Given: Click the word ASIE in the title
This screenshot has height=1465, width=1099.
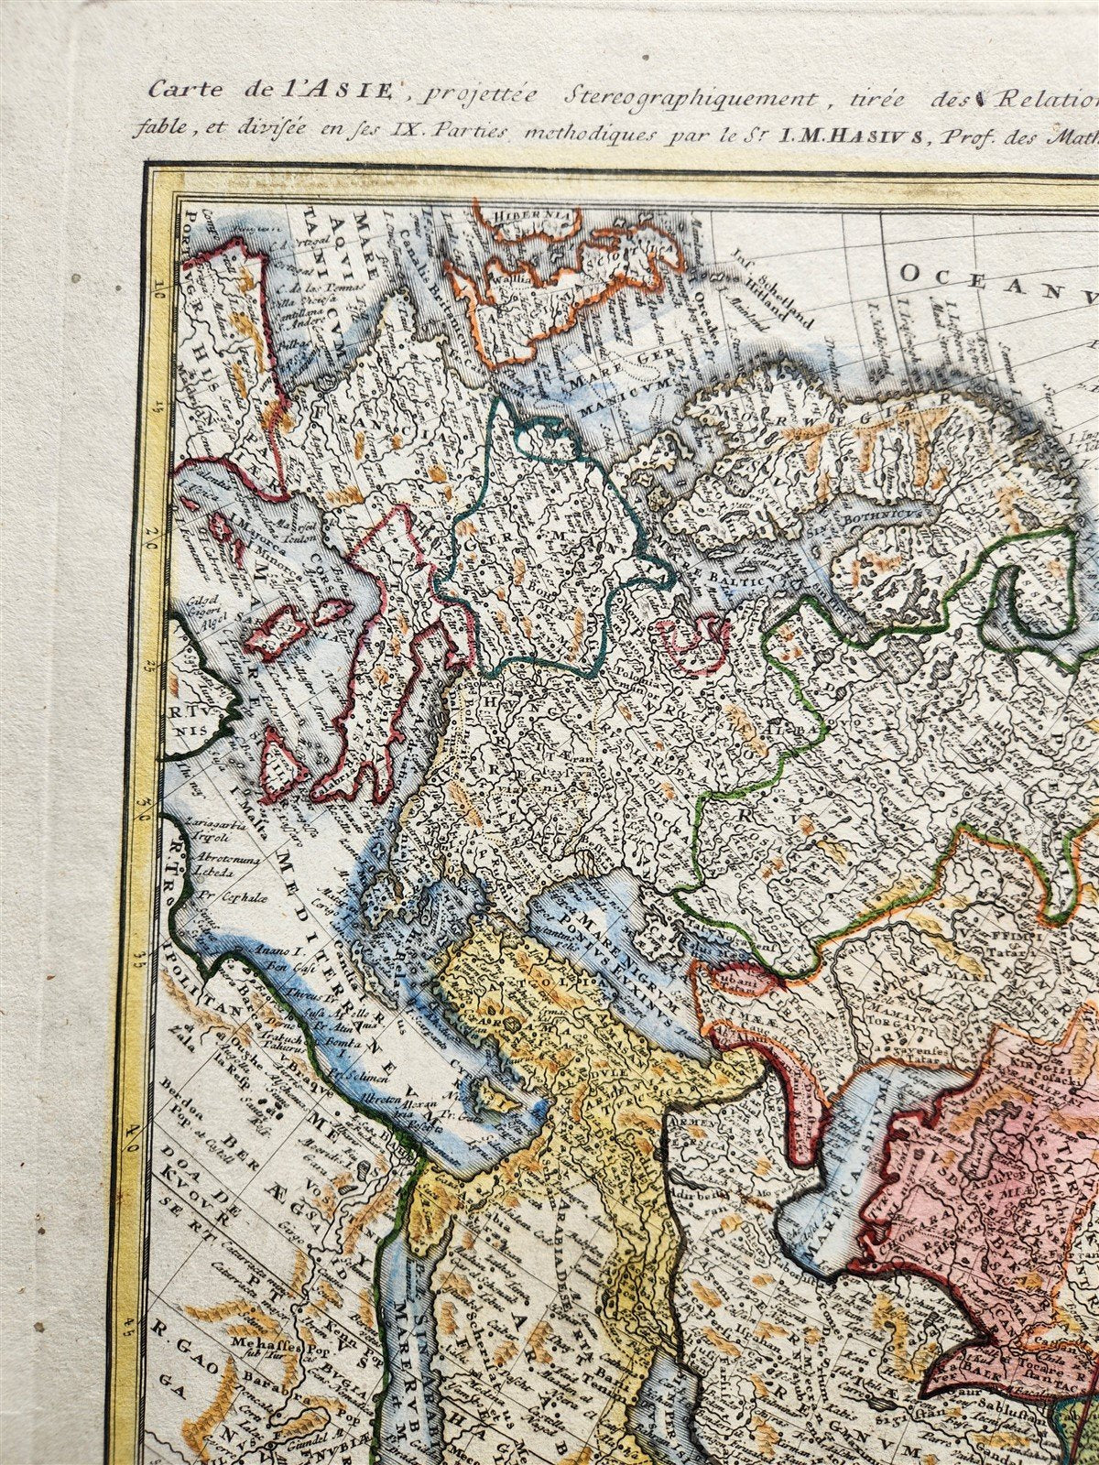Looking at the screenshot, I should [x=361, y=91].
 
